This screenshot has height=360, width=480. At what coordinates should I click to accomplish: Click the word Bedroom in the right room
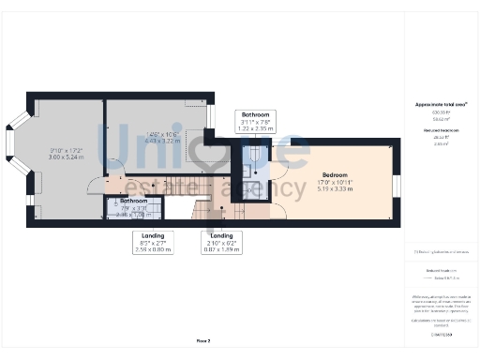point(336,175)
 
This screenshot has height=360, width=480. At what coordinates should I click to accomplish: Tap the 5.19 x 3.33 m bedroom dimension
point(336,189)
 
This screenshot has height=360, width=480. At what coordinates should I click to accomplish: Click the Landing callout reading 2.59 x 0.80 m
point(154,249)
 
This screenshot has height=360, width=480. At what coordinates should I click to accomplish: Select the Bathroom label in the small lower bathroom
point(133,201)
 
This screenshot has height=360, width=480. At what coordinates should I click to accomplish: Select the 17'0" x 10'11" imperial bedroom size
point(336,183)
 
